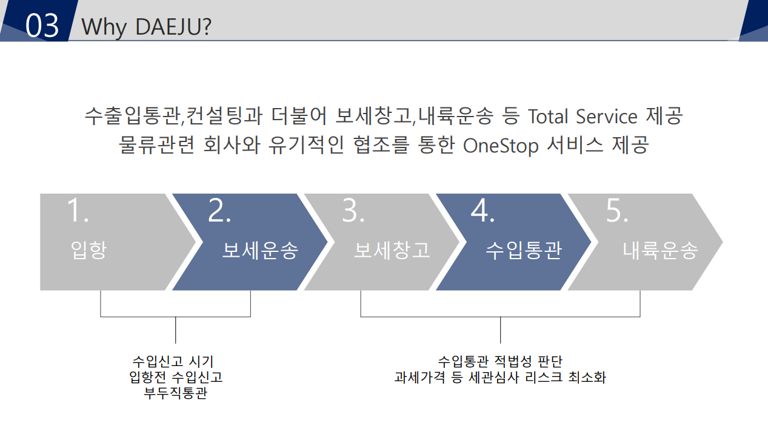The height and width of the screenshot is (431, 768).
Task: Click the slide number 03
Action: pos(42,25)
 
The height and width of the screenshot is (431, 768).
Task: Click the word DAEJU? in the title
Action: pos(173,27)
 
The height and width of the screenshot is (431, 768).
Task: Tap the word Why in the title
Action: pos(104,27)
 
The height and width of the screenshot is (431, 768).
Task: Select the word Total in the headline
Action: pos(548,116)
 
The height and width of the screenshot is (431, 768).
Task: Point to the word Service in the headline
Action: pos(607,116)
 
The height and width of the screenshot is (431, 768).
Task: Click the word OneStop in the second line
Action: pos(501,146)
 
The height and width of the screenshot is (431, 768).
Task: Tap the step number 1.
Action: pos(78,210)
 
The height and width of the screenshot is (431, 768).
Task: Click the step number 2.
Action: pos(219,210)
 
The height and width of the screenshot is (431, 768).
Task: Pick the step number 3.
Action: pos(353,210)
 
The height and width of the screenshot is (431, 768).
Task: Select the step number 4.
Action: pos(483,210)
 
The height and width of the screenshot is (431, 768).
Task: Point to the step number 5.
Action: pos(617,210)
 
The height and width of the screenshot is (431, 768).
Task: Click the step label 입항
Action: pos(88,249)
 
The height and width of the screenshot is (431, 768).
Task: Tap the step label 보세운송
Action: pos(260,249)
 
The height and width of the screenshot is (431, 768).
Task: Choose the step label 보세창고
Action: pos(392,249)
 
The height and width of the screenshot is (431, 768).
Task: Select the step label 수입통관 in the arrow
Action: pos(524,249)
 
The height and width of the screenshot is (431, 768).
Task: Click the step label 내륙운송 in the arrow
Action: pos(660,249)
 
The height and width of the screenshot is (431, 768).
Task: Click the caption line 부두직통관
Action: pos(176,393)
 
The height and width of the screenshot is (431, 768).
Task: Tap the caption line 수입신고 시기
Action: pos(173,361)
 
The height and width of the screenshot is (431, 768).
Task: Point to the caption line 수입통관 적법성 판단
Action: pos(500,361)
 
